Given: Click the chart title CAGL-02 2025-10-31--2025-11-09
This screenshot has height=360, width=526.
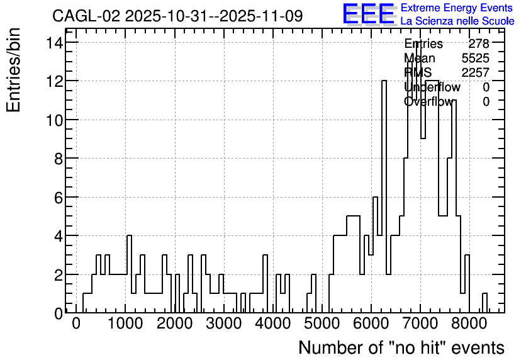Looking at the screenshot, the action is (x=177, y=16).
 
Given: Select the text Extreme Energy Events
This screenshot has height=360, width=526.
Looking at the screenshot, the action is (x=457, y=8).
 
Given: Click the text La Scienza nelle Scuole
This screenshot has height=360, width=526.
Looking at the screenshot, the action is (x=457, y=21).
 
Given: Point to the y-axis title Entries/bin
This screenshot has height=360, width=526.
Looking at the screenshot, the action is (x=13, y=70).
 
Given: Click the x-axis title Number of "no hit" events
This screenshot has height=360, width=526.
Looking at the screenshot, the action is (x=401, y=347).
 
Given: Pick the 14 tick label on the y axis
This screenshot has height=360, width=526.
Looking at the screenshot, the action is (x=54, y=43).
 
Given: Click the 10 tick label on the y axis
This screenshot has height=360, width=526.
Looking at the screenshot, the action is (x=54, y=120).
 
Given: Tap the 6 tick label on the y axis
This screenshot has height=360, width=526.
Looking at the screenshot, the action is (x=59, y=198).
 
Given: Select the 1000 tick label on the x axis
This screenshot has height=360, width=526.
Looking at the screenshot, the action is (x=125, y=323).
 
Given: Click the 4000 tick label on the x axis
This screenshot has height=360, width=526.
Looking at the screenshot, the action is (x=272, y=323).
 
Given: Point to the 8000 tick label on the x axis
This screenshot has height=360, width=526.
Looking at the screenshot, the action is (x=469, y=323).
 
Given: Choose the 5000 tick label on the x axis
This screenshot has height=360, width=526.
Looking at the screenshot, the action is (x=322, y=323).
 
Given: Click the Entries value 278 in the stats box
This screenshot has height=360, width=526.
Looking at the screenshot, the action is (x=479, y=43).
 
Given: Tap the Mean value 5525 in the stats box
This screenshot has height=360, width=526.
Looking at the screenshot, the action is (x=476, y=58).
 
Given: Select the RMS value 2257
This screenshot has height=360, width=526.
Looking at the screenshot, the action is (x=476, y=72).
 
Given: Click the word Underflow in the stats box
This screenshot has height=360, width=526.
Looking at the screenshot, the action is (x=432, y=87).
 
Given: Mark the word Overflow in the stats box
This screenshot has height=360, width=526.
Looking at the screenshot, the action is (x=428, y=101).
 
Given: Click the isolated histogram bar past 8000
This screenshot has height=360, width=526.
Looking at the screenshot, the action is (x=484, y=303).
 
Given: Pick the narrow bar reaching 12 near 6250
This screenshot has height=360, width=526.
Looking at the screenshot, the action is (x=384, y=196).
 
